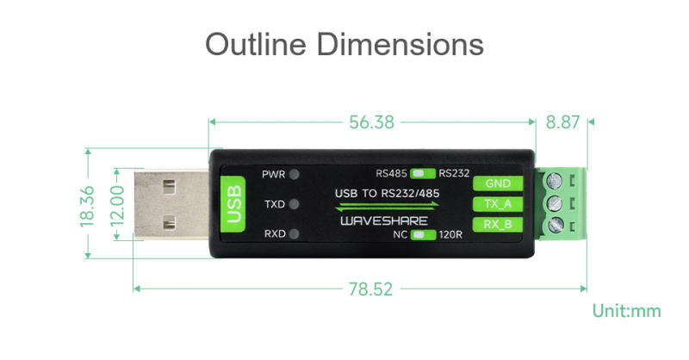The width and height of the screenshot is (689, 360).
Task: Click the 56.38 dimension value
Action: click(x=371, y=122)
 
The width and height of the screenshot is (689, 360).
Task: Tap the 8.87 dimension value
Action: click(x=563, y=122)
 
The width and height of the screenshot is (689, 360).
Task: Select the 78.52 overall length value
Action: click(x=370, y=289)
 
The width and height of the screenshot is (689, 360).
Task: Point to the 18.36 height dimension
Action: click(x=88, y=206)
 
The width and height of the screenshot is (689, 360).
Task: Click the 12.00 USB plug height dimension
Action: click(x=117, y=205)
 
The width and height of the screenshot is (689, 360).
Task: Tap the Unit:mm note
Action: click(x=627, y=311)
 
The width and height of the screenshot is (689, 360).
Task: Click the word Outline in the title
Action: click(x=256, y=44)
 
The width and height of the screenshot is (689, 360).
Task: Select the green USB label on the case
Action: click(x=233, y=204)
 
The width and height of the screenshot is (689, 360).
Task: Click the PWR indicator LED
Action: click(x=294, y=174)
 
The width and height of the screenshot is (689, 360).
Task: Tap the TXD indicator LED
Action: click(x=294, y=204)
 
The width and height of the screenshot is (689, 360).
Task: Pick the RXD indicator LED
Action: click(x=294, y=234)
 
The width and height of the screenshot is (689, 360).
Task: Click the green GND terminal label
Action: click(x=498, y=183)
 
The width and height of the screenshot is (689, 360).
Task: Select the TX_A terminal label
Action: click(x=498, y=204)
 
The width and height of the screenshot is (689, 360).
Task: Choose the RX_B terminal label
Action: click(x=498, y=224)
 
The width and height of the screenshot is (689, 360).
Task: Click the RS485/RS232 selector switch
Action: click(x=423, y=174)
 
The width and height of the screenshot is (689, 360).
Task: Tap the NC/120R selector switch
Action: click(x=423, y=235)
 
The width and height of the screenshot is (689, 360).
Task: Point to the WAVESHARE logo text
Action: click(x=384, y=220)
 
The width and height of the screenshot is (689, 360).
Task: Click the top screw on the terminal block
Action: click(x=554, y=180)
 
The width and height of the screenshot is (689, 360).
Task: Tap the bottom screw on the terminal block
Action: click(x=554, y=225)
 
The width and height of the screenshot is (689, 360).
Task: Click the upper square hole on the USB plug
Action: click(x=169, y=187)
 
